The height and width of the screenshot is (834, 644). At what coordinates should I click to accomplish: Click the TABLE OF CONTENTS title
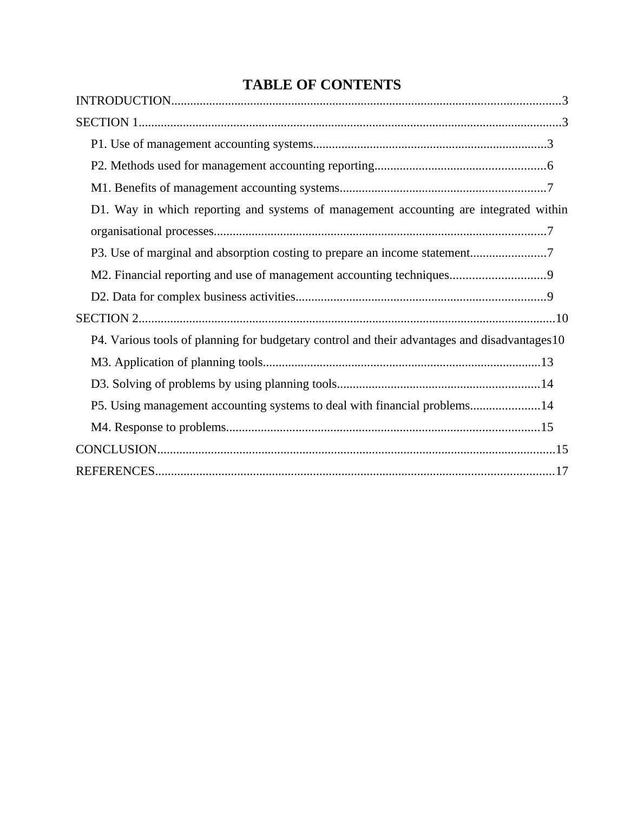coord(321,85)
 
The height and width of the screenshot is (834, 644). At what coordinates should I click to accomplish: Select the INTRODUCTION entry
coord(123,101)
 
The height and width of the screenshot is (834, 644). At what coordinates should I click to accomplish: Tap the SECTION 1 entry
coord(107,122)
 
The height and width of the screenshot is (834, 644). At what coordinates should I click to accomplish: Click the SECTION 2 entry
coord(107,318)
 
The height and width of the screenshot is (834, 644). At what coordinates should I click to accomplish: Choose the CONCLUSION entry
coord(116,449)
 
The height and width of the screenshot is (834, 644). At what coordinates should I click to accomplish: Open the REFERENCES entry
coord(115,471)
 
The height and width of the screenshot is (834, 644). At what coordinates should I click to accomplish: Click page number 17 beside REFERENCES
coord(562,471)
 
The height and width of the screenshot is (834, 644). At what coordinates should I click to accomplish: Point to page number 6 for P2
coord(550,166)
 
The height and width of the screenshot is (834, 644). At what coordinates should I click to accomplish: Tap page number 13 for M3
coord(547,362)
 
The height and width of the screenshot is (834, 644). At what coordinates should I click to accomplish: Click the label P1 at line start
coord(98,144)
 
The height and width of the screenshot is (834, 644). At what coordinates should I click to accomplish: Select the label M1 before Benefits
coord(101,188)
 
